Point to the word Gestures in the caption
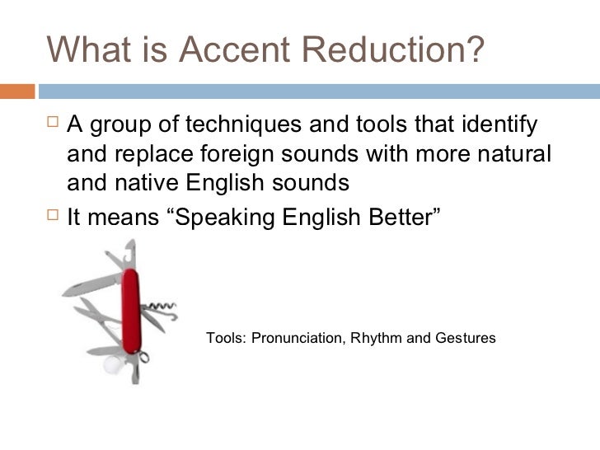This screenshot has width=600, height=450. (x=465, y=338)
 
